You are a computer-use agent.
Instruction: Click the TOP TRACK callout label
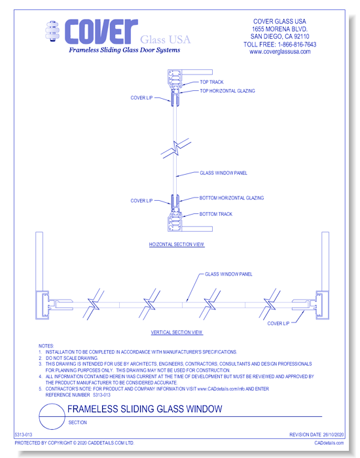coord(211,82)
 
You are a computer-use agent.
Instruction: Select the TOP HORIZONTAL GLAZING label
coord(227,91)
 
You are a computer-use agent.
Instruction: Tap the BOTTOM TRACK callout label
coord(215,214)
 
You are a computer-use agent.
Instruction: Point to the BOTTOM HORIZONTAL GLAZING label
coord(232,198)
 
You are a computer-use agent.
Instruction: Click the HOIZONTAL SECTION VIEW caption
coord(177,244)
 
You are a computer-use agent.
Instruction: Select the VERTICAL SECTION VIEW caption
coord(177,332)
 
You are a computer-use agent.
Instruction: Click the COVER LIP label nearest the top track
coord(141,97)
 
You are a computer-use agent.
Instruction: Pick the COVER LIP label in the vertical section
coord(278,323)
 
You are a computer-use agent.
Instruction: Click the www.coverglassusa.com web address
coord(280,52)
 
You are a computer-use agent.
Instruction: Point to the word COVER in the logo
coord(101,31)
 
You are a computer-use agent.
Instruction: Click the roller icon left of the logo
coord(52,31)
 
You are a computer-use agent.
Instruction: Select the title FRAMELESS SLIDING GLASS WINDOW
coord(145,409)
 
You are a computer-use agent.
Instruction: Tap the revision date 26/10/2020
coord(333,434)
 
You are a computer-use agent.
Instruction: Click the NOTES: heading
coord(46,346)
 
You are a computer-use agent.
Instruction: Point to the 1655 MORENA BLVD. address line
coord(279,29)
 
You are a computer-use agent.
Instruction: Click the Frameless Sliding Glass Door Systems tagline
coord(124,50)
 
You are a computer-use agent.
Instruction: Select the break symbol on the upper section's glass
coord(176,149)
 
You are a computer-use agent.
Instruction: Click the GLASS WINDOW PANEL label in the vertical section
coord(228,274)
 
